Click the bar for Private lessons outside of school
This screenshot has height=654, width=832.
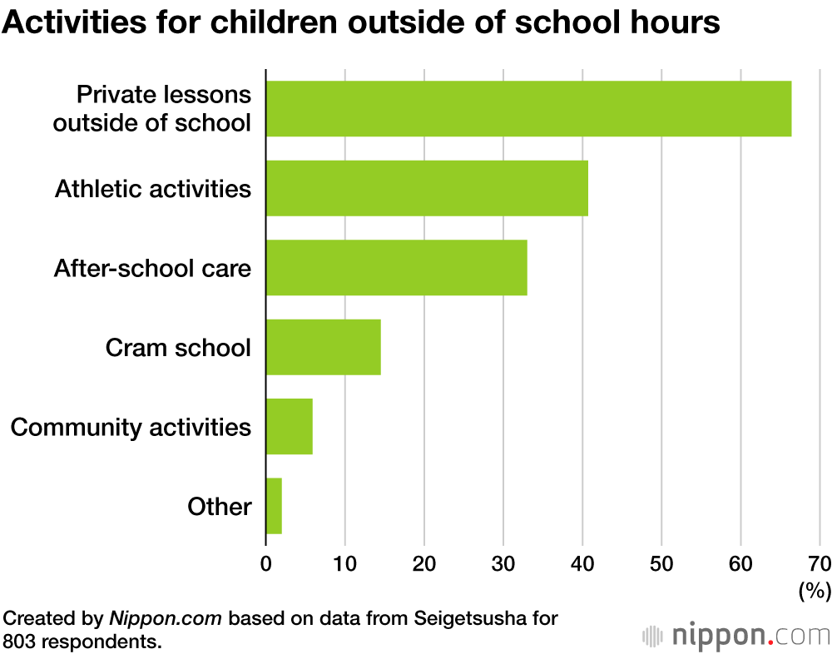528,109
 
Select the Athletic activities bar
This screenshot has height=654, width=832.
427,188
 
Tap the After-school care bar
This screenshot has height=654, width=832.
396,268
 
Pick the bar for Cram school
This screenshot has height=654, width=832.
323,347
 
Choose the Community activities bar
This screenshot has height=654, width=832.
289,427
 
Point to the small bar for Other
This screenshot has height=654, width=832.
274,506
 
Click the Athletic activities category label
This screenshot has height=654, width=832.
153,189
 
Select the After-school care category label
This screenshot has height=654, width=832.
152,268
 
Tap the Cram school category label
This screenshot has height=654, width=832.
178,347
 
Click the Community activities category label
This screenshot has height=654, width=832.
131,427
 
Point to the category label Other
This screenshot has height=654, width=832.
220,506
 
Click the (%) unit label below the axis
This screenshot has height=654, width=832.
815,591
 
